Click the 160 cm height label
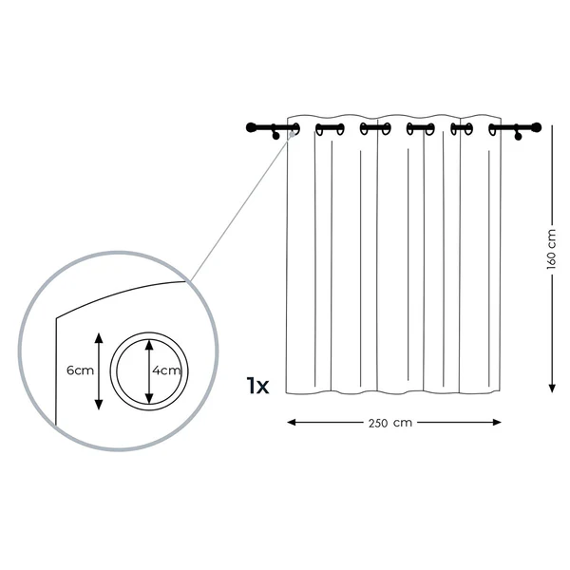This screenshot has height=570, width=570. click(551, 249)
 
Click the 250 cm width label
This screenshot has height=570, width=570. click(390, 423)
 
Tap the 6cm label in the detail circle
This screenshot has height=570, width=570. click(80, 370)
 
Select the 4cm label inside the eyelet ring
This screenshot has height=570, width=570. click(166, 370)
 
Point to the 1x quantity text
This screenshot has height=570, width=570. click(257, 386)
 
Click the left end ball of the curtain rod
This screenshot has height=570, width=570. click(251, 127)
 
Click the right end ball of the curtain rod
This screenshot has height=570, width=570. click(537, 127)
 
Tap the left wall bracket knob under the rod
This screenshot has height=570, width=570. click(275, 136)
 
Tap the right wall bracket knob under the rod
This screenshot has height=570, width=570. click(518, 137)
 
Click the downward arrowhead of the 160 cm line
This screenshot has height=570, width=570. click(552, 388)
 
